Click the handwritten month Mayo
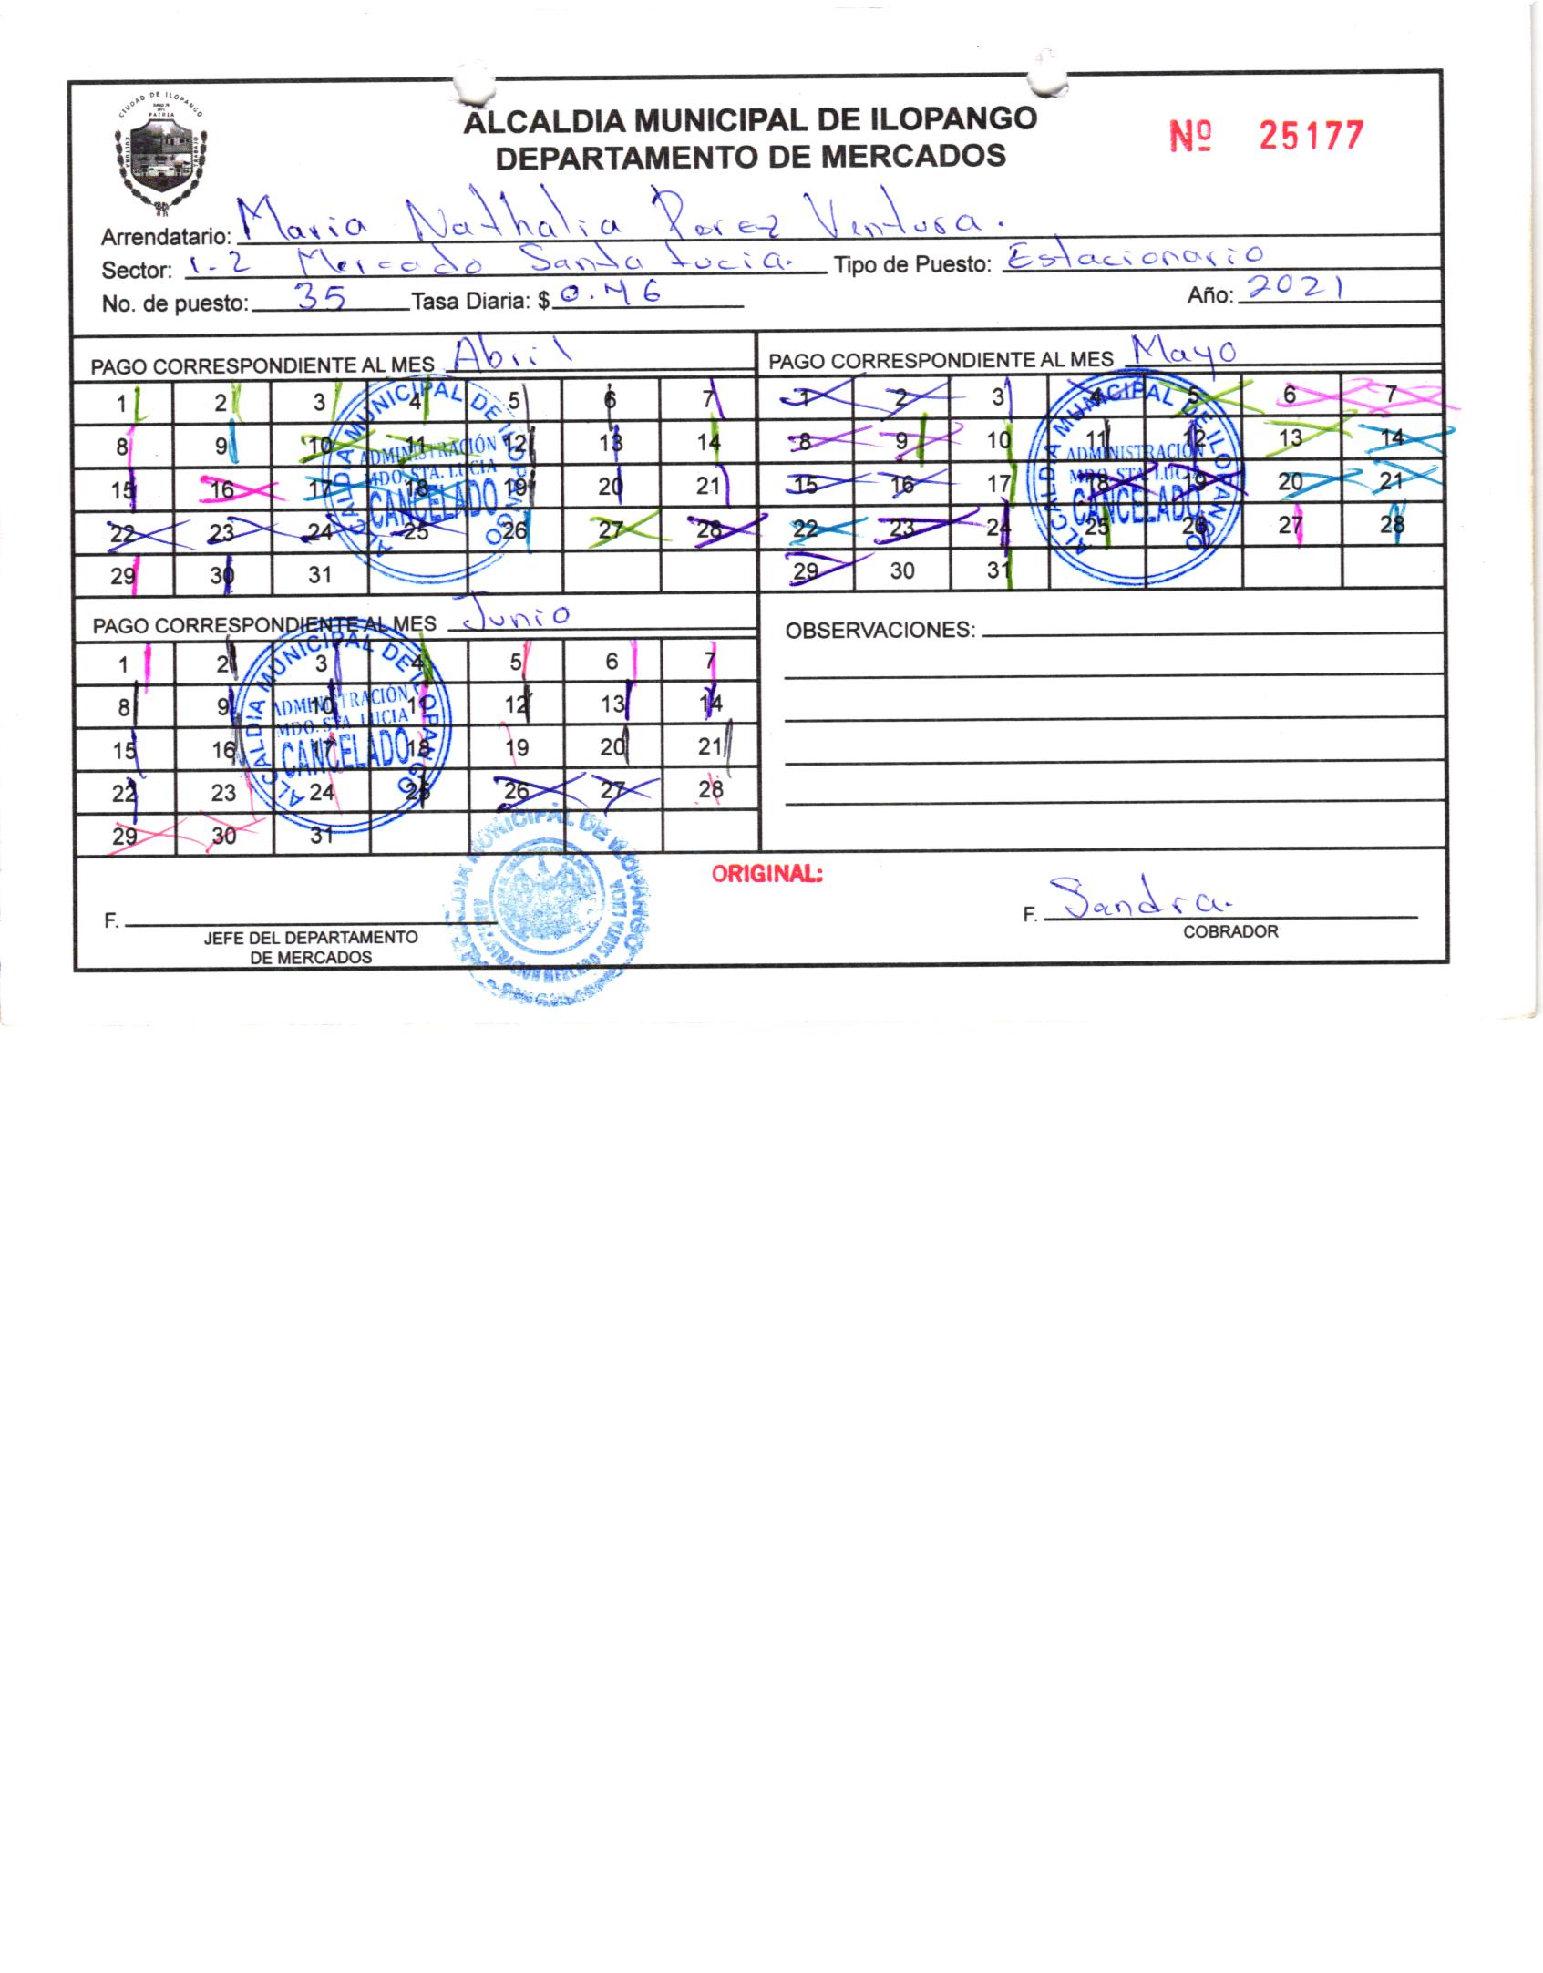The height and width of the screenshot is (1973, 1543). pos(1182,351)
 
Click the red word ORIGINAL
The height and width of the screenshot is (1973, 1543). pos(766,874)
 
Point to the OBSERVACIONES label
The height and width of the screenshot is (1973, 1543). pos(879,631)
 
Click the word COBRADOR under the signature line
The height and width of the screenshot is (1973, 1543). pos(1229,931)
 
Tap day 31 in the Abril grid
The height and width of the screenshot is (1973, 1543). pos(319,575)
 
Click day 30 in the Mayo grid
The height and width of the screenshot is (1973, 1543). pos(901,570)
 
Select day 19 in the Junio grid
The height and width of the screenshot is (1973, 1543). pos(516,748)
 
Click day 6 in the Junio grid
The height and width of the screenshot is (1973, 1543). pos(612,661)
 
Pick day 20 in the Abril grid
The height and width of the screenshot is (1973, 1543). pos(610,487)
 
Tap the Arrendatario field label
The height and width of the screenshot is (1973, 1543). pos(165,238)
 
